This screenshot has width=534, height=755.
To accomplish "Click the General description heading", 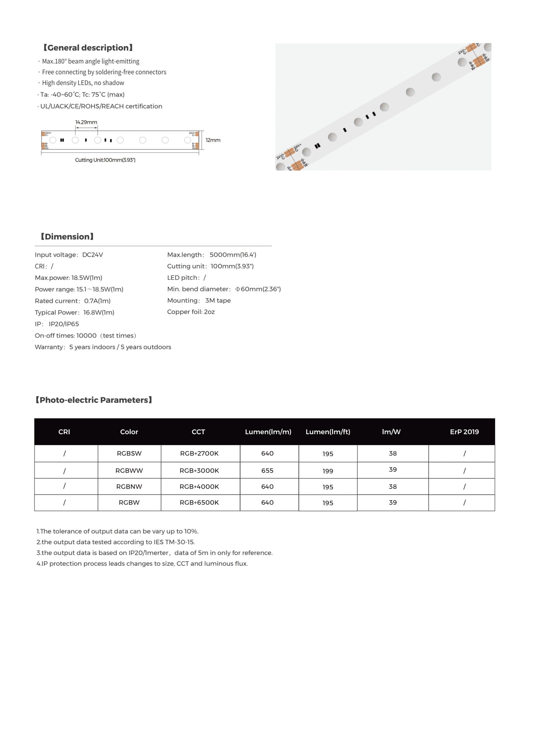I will [x=88, y=48].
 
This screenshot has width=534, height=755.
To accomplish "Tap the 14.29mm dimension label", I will [x=86, y=122].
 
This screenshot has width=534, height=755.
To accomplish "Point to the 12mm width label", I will [x=213, y=140].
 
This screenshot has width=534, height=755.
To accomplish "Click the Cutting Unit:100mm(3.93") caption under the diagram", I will [x=105, y=160].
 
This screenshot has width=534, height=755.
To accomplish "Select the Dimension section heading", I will [x=67, y=237].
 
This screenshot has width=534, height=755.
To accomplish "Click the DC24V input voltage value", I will [x=92, y=255].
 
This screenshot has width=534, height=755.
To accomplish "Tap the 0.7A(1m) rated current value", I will [x=97, y=301].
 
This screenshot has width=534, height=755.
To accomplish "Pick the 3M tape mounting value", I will [x=218, y=300].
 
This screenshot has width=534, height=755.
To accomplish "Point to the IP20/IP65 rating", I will [x=64, y=324].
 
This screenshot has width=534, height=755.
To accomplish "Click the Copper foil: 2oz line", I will [x=191, y=312].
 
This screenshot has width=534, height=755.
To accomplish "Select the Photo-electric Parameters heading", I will [x=94, y=400].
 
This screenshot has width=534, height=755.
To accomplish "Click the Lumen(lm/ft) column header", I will [x=328, y=432].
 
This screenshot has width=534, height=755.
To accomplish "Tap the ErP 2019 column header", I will [x=464, y=432].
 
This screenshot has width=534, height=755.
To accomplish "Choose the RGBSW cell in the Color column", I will [x=129, y=453].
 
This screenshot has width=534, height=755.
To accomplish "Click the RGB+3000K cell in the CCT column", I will [x=199, y=470].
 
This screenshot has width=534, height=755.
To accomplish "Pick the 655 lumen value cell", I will [x=267, y=470].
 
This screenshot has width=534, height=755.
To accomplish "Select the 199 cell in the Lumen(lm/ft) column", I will [x=327, y=471].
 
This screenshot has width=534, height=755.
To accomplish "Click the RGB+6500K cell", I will [x=199, y=502].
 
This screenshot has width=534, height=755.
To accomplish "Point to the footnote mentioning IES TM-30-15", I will [x=115, y=542].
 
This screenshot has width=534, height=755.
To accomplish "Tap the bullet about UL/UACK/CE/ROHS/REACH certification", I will [x=101, y=106].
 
